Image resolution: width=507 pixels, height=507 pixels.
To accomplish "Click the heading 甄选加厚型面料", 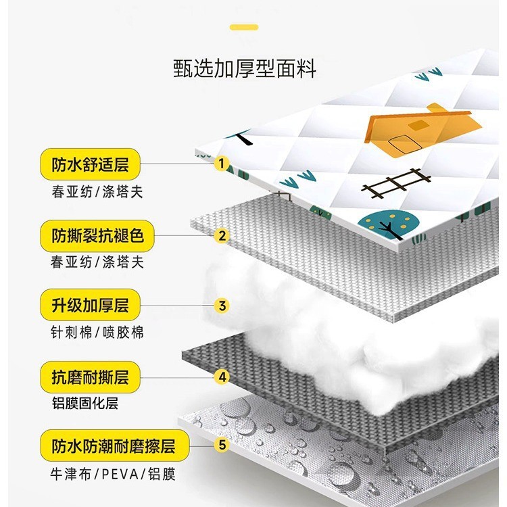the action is click(x=244, y=69).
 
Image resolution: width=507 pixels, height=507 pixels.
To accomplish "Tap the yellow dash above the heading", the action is click(x=243, y=27).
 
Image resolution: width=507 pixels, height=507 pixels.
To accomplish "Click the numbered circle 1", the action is click(x=221, y=164).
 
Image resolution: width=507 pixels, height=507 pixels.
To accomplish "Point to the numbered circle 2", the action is click(x=221, y=236).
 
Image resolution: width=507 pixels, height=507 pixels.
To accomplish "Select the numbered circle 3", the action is click(x=221, y=306).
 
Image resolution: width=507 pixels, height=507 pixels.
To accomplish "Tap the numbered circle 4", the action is click(x=221, y=376).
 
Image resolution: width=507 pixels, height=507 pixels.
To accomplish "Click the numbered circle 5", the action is click(x=221, y=446).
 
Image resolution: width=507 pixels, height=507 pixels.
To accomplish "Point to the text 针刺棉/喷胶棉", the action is click(x=97, y=332).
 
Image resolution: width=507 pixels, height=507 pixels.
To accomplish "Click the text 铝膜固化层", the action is click(x=84, y=404).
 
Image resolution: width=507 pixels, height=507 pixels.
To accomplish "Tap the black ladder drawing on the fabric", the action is click(x=396, y=183).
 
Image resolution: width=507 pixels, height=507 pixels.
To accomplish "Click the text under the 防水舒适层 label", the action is click(x=97, y=191).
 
